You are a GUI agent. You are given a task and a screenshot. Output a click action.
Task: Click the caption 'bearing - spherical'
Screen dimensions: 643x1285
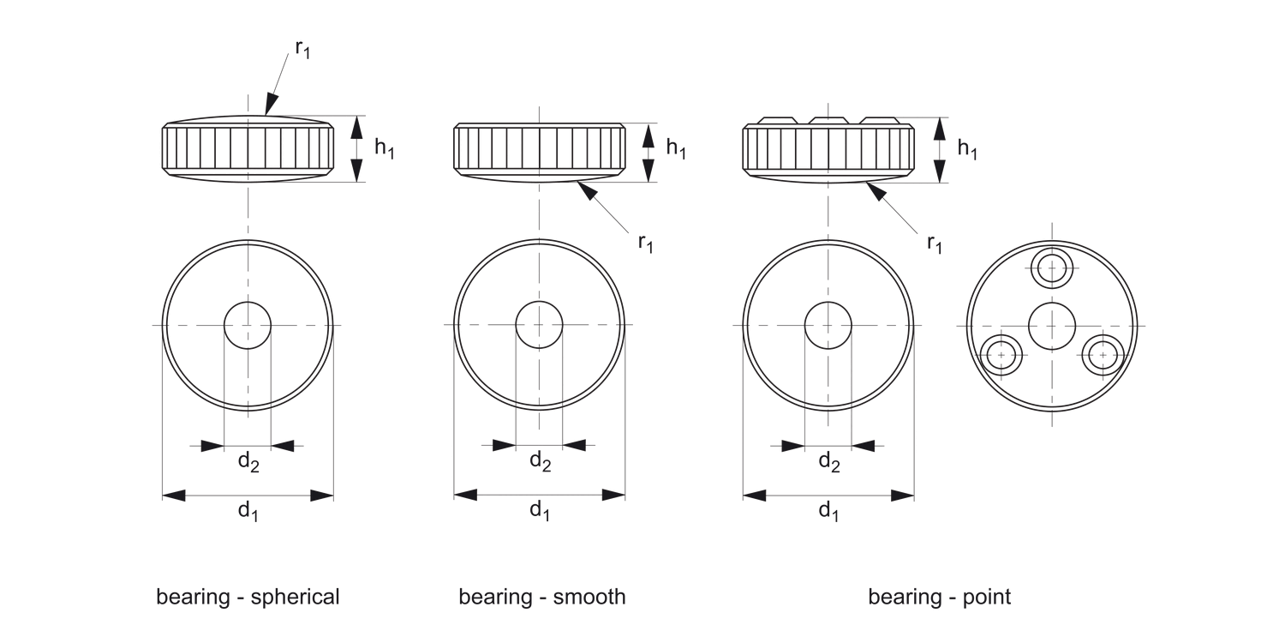coord(248,597)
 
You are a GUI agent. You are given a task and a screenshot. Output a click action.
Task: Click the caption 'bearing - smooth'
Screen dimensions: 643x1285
coord(542,597)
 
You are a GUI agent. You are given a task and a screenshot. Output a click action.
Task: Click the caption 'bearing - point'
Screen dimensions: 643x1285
coord(939,597)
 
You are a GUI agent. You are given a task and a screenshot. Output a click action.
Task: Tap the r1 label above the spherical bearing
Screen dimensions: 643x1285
coord(302,49)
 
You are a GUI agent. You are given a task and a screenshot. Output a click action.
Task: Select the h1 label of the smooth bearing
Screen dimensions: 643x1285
coord(676,148)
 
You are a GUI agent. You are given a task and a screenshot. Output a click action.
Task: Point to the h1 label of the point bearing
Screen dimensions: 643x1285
coord(967,148)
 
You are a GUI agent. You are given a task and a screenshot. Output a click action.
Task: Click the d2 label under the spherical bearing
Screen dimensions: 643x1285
coord(248,462)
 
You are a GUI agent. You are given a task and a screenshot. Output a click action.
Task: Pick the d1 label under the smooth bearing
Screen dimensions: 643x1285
coord(540,511)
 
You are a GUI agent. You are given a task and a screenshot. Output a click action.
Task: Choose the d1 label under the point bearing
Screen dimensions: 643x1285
coord(828,511)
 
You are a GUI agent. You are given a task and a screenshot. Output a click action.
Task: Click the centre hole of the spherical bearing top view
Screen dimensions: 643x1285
coord(248,325)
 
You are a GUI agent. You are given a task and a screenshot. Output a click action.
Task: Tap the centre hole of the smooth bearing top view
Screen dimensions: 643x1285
coord(539,325)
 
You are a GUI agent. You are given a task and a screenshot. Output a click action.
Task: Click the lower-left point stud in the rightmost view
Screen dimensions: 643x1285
coord(1001,355)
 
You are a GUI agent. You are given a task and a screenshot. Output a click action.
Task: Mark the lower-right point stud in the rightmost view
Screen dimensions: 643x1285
coord(1103,355)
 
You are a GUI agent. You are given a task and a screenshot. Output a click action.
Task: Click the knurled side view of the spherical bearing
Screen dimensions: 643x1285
coord(248,148)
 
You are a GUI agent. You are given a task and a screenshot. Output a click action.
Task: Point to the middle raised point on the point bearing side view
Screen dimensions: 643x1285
coord(828,120)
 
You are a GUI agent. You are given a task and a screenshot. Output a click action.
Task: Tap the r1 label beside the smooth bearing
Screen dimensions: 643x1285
coord(645,243)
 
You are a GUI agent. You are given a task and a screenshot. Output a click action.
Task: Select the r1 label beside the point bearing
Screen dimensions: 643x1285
coord(935,243)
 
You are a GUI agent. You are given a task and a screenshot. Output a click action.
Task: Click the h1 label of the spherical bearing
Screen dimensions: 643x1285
coord(385,148)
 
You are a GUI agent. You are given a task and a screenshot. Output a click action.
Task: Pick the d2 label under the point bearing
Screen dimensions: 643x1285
coord(828,462)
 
